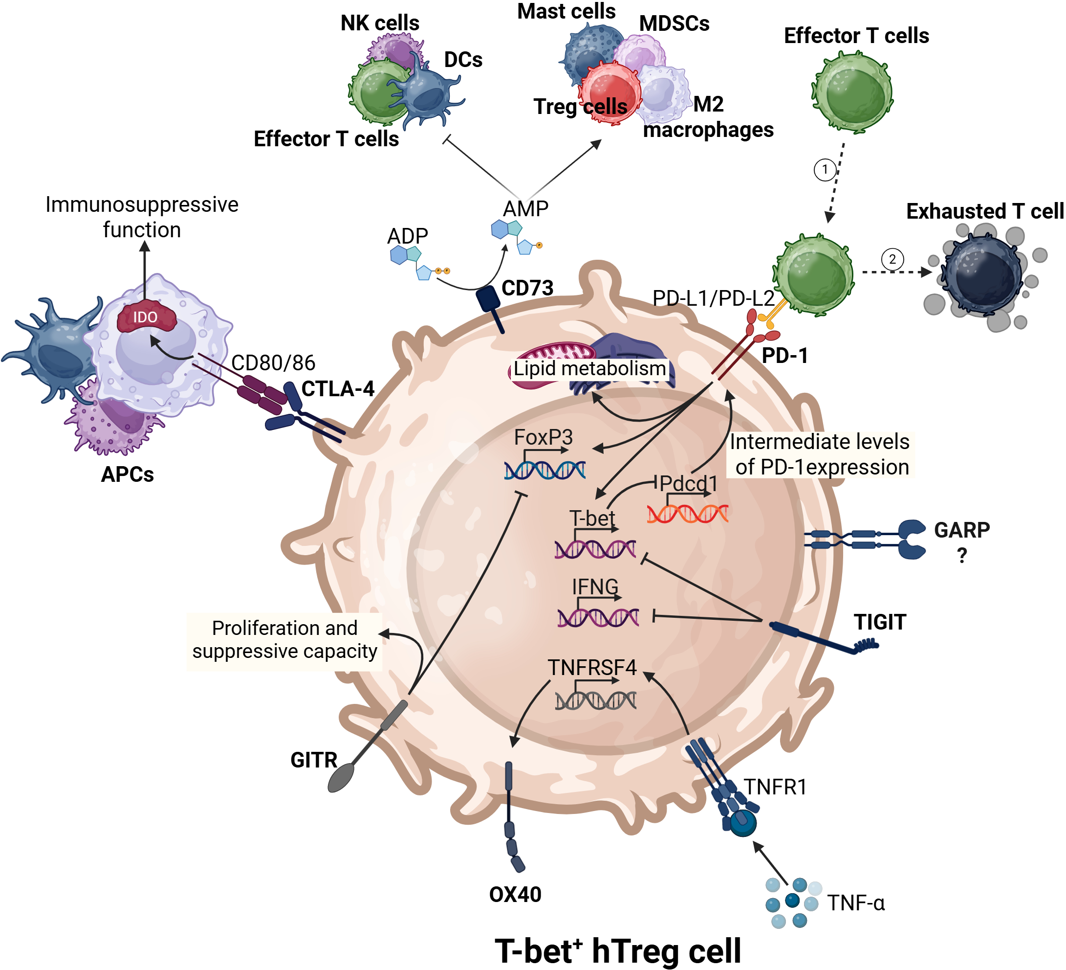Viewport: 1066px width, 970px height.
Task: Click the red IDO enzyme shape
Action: point(146,317)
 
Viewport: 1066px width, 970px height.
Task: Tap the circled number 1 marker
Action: point(825,170)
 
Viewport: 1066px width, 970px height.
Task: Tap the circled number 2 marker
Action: point(892,259)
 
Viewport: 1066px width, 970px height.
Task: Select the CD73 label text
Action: point(527,289)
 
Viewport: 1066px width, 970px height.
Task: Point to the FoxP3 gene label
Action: point(544,438)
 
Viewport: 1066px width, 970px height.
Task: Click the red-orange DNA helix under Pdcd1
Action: point(687,514)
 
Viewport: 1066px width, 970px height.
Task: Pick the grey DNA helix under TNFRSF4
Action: point(596,701)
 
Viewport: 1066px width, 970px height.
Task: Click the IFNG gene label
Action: point(595,587)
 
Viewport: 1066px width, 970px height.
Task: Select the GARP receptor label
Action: point(962,530)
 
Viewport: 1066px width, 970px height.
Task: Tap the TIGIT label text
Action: point(880,622)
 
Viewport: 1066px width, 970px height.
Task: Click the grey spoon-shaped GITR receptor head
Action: point(341,777)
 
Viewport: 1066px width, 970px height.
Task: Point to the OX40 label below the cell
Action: point(515,895)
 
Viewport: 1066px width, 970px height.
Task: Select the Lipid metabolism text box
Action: point(589,369)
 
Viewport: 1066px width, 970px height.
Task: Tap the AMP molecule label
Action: point(525,209)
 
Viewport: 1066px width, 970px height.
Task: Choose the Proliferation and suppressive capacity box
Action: point(284,640)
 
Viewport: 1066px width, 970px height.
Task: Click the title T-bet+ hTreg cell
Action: point(618,951)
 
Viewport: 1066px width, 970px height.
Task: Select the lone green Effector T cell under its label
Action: point(852,91)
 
